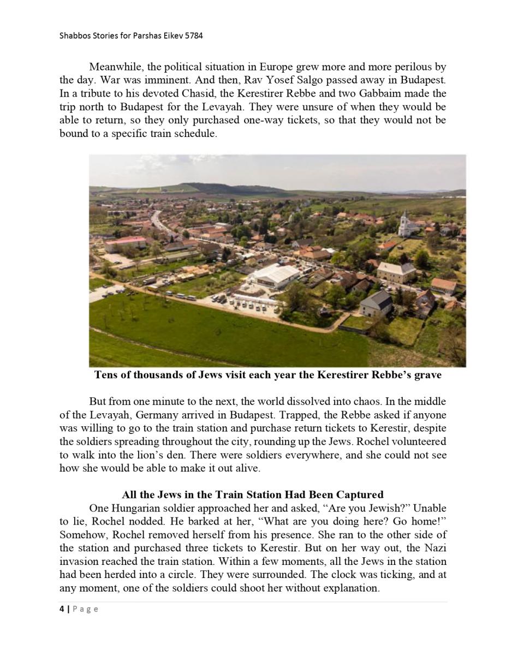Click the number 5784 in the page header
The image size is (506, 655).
(x=193, y=36)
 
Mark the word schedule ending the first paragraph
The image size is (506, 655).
(x=197, y=133)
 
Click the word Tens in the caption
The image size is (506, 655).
(x=106, y=376)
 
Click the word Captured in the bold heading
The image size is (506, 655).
(x=361, y=495)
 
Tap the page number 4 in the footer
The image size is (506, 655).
(x=62, y=609)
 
